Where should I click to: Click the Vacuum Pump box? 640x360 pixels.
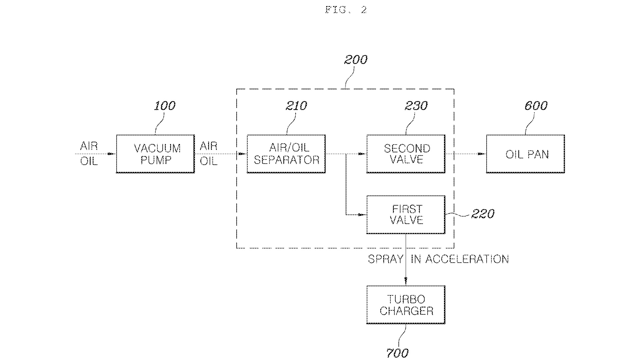point(155,154)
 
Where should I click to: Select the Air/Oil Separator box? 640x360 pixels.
point(286,154)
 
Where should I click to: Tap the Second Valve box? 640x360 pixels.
point(406,154)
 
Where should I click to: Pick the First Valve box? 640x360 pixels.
point(406,214)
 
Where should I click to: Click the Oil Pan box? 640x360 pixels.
point(525,154)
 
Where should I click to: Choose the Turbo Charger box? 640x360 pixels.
point(406,305)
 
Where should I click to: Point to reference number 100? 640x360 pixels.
point(164,106)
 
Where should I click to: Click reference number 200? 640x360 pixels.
point(355,60)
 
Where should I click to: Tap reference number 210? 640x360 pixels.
point(296,106)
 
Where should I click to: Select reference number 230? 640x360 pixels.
point(416,106)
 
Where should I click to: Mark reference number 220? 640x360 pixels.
point(482,214)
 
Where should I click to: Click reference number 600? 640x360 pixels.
point(536,106)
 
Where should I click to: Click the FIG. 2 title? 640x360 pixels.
point(346,10)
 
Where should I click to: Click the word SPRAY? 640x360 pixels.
point(385,259)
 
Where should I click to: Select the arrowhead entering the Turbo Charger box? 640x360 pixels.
point(406,282)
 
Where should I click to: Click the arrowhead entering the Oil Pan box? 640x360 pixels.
point(482,154)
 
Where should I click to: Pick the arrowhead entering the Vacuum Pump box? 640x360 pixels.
point(112,154)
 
